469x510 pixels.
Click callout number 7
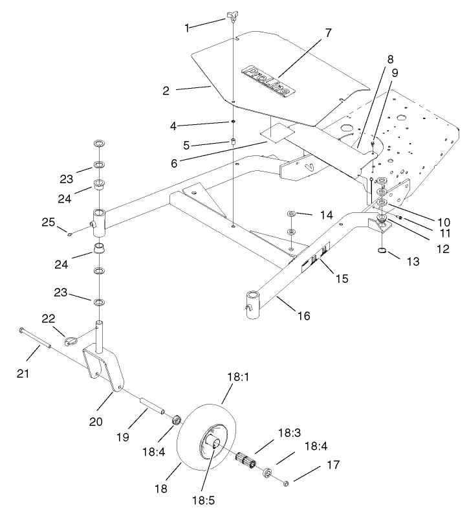pos(329,33)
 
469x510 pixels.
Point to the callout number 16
pos(304,316)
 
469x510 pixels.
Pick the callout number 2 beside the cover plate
pos(166,91)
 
